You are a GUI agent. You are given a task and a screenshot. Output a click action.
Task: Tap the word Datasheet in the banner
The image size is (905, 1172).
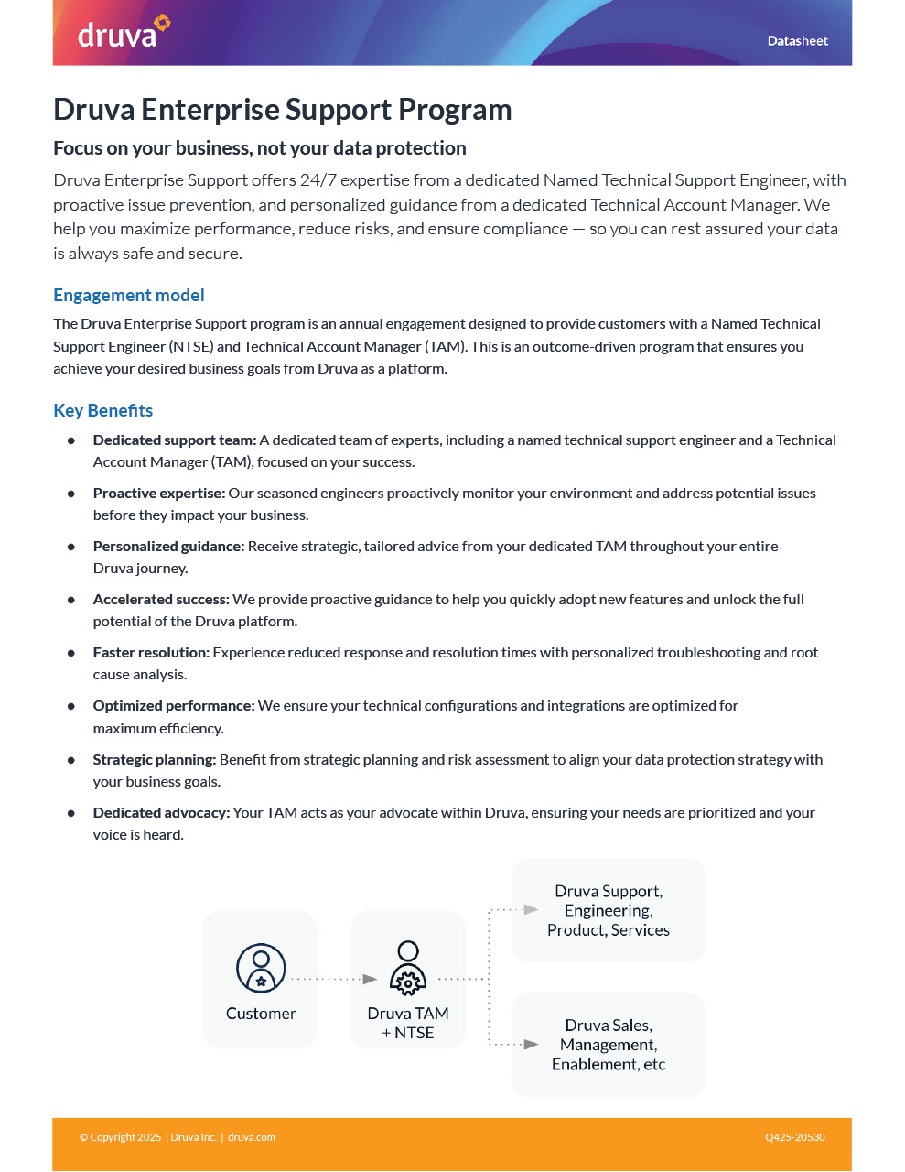(x=797, y=41)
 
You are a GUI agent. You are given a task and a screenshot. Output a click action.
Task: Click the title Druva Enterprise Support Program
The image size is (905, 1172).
(x=282, y=110)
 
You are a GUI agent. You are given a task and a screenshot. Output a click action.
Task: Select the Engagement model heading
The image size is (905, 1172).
(x=128, y=295)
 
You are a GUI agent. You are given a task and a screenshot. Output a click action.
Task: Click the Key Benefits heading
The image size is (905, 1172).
(x=102, y=410)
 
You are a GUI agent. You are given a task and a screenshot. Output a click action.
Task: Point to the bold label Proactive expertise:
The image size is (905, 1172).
(x=158, y=494)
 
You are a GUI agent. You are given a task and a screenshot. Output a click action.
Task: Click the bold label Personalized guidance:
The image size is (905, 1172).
(x=168, y=547)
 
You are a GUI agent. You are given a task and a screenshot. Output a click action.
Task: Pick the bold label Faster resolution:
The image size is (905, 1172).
(x=151, y=653)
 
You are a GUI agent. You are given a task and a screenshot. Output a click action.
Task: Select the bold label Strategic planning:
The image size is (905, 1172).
(x=154, y=760)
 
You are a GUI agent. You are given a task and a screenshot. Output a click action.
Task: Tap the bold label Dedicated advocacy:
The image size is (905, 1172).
(x=161, y=813)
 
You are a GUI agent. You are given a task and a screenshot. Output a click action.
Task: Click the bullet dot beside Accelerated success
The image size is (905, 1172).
(x=71, y=601)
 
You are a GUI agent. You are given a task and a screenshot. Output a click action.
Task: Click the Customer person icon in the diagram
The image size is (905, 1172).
(x=261, y=968)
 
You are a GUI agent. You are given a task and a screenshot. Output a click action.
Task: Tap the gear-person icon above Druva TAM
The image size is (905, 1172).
(x=408, y=968)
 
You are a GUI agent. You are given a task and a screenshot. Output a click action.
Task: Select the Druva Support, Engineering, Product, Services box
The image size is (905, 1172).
(x=609, y=910)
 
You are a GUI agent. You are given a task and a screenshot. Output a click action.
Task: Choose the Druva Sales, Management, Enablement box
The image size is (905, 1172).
(x=609, y=1045)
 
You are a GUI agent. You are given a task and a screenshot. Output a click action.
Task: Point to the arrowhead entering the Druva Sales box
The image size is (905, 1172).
(x=531, y=1044)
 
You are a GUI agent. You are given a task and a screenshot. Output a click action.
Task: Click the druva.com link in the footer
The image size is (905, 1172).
(x=252, y=1137)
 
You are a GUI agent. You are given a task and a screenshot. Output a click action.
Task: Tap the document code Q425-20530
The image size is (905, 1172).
(x=794, y=1137)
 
